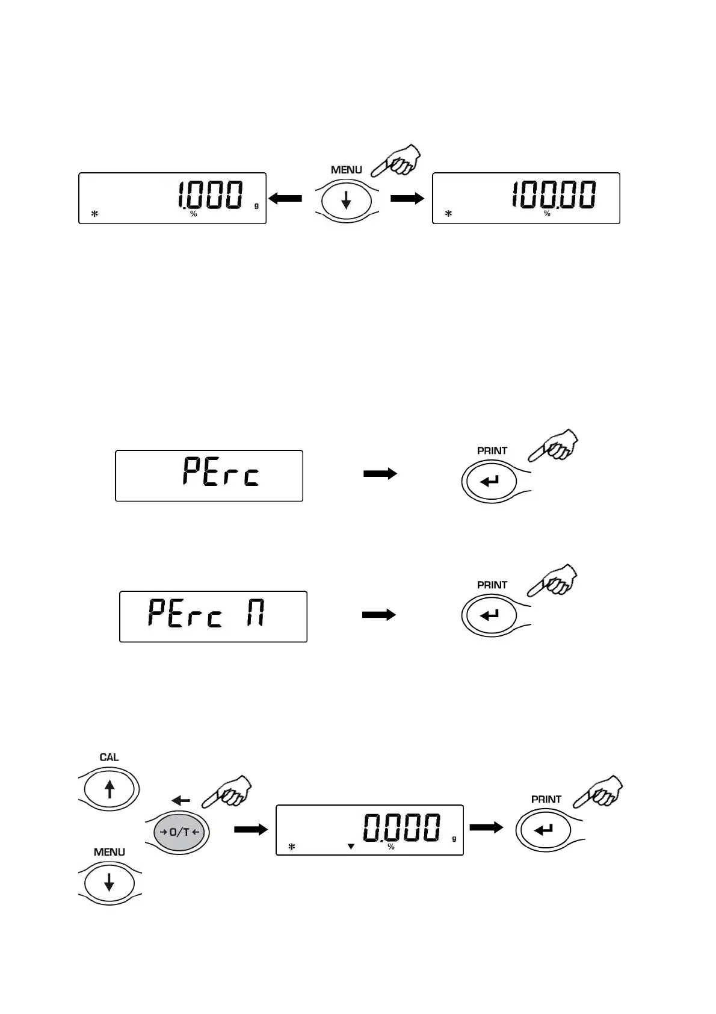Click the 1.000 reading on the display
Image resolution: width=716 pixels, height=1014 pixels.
tap(210, 195)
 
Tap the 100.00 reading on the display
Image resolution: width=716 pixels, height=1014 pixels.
tap(554, 195)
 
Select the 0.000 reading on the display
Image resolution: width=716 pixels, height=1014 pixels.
tap(401, 827)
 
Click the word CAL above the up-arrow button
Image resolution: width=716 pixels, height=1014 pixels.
tap(109, 757)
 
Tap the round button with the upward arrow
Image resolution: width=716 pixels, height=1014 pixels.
tap(110, 789)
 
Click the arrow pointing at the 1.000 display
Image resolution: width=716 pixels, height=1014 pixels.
tap(285, 198)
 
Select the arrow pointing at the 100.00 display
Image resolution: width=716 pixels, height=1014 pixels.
tap(407, 198)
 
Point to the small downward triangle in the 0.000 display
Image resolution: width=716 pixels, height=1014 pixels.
tap(351, 847)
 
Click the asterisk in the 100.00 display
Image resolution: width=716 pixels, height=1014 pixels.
tap(448, 214)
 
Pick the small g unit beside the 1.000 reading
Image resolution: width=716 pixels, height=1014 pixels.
tap(256, 205)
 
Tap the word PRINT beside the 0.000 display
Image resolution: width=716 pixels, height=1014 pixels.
tap(546, 799)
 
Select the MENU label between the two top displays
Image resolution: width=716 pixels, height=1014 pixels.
tap(346, 170)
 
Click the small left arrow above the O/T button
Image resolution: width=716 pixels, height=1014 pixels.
tap(181, 800)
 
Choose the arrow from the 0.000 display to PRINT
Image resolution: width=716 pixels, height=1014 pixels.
tap(486, 827)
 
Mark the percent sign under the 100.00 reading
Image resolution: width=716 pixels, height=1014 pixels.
tap(547, 214)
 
